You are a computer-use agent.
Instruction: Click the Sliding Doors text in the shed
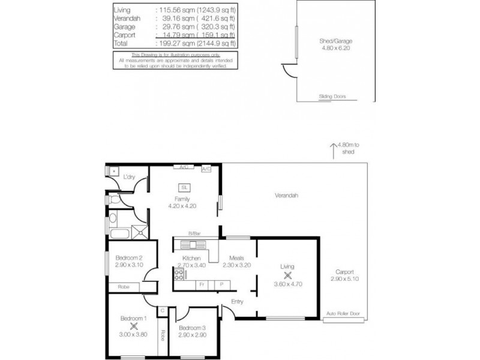(x=332, y=96)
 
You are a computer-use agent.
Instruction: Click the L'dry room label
(x=128, y=178)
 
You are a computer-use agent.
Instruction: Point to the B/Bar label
(x=194, y=233)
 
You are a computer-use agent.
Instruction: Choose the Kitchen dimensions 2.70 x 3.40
(x=191, y=265)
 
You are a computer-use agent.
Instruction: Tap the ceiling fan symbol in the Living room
(x=288, y=275)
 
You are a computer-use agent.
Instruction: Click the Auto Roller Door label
(x=344, y=314)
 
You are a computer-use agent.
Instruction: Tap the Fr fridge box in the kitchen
(x=202, y=284)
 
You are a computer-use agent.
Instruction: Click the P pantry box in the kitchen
(x=221, y=284)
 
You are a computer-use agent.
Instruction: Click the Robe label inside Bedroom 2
(x=124, y=287)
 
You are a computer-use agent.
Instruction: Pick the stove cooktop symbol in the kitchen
(x=179, y=275)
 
